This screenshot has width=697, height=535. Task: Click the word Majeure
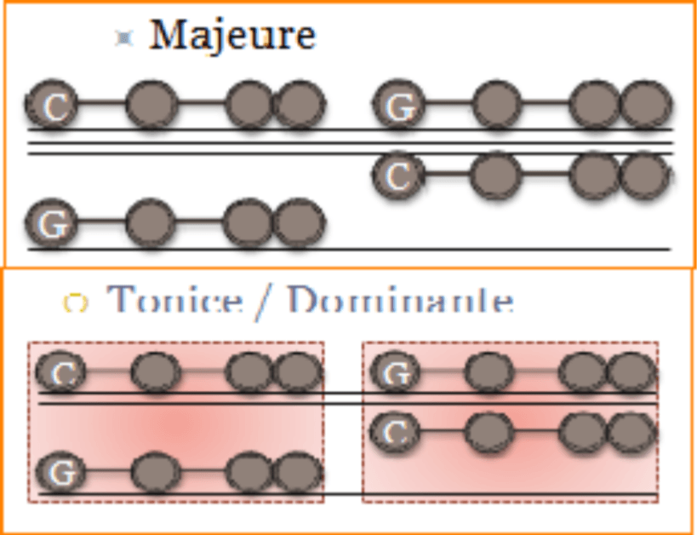pyautogui.click(x=232, y=35)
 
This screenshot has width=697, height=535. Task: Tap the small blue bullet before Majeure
pyautogui.click(x=125, y=37)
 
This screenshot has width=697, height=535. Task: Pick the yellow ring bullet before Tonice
pyautogui.click(x=76, y=302)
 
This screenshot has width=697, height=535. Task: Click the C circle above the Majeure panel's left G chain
pyautogui.click(x=52, y=105)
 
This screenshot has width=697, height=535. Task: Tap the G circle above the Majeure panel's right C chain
pyautogui.click(x=398, y=106)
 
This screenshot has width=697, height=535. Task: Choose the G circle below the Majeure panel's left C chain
pyautogui.click(x=52, y=224)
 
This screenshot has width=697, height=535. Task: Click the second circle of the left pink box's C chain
pyautogui.click(x=156, y=372)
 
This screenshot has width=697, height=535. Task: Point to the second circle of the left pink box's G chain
pyautogui.click(x=156, y=471)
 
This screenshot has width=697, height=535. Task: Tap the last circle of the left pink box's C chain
pyautogui.click(x=297, y=372)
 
